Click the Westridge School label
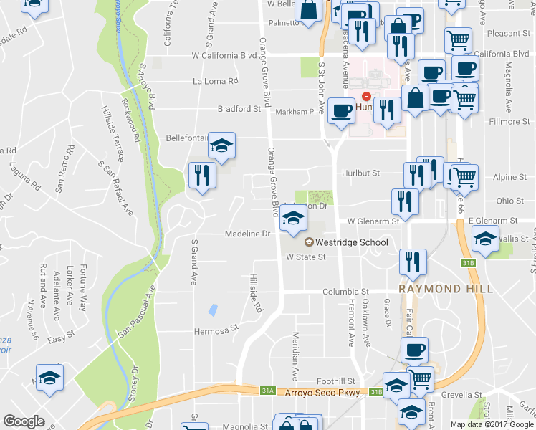pyautogui.click(x=351, y=242)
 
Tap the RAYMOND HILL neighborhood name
pyautogui.click(x=446, y=288)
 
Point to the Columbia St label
pyautogui.click(x=345, y=292)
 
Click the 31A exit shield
pyautogui.click(x=267, y=391)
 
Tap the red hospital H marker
pyautogui.click(x=367, y=97)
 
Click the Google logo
pyautogui.click(x=24, y=421)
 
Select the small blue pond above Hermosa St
pyautogui.click(x=213, y=310)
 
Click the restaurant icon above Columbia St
pyautogui.click(x=413, y=262)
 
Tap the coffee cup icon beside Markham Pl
pyautogui.click(x=341, y=111)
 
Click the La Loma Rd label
pyautogui.click(x=215, y=81)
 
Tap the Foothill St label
pyautogui.click(x=337, y=381)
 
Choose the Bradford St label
pyautogui.click(x=239, y=110)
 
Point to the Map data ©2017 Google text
pyautogui.click(x=491, y=424)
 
